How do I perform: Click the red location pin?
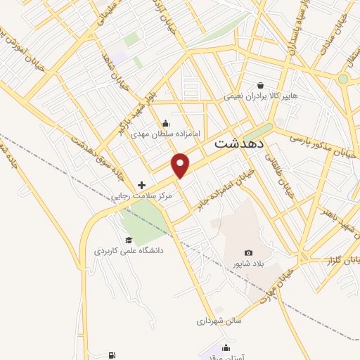click(181, 165)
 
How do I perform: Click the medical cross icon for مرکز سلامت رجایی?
click(142, 185)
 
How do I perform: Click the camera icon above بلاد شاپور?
click(248, 253)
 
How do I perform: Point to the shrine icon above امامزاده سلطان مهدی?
click(165, 121)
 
